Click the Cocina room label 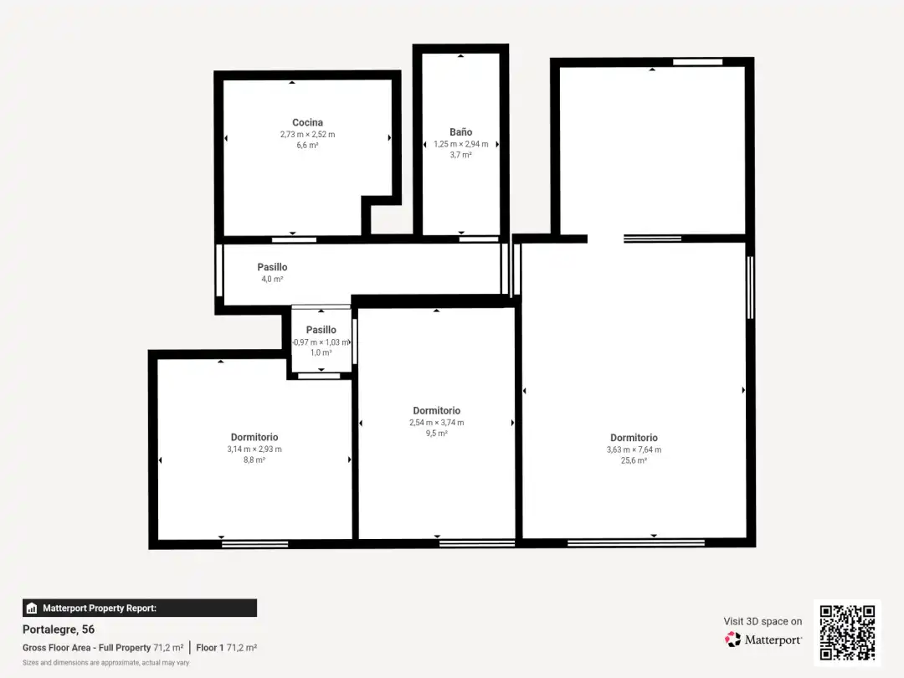pos(307,122)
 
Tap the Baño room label pos(460,132)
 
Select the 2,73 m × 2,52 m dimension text pos(307,134)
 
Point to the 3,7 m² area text pos(460,155)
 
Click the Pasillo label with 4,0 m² pos(272,267)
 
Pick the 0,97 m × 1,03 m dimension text pos(321,342)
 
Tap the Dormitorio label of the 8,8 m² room pos(254,437)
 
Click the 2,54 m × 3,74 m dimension pos(436,423)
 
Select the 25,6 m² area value pos(634,460)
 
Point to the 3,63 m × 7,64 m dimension pos(634,449)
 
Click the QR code pos(847,633)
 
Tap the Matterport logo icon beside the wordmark pos(732,639)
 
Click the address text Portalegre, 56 pos(59,629)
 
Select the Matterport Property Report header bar pos(140,609)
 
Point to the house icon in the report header pos(32,609)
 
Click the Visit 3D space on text pos(763,621)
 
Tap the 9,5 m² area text pos(436,434)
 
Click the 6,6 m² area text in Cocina pos(307,146)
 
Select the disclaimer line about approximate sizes pos(105,663)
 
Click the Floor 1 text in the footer pos(209,647)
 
